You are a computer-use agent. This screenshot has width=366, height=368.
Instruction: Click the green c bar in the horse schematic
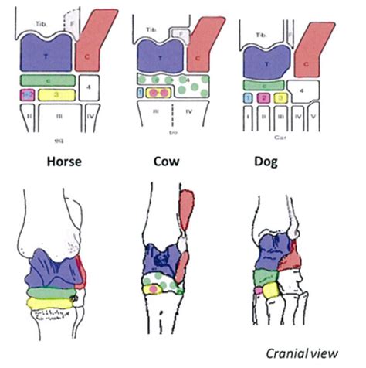(x=46, y=78)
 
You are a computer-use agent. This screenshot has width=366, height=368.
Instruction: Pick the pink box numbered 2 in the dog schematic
(x=264, y=97)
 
